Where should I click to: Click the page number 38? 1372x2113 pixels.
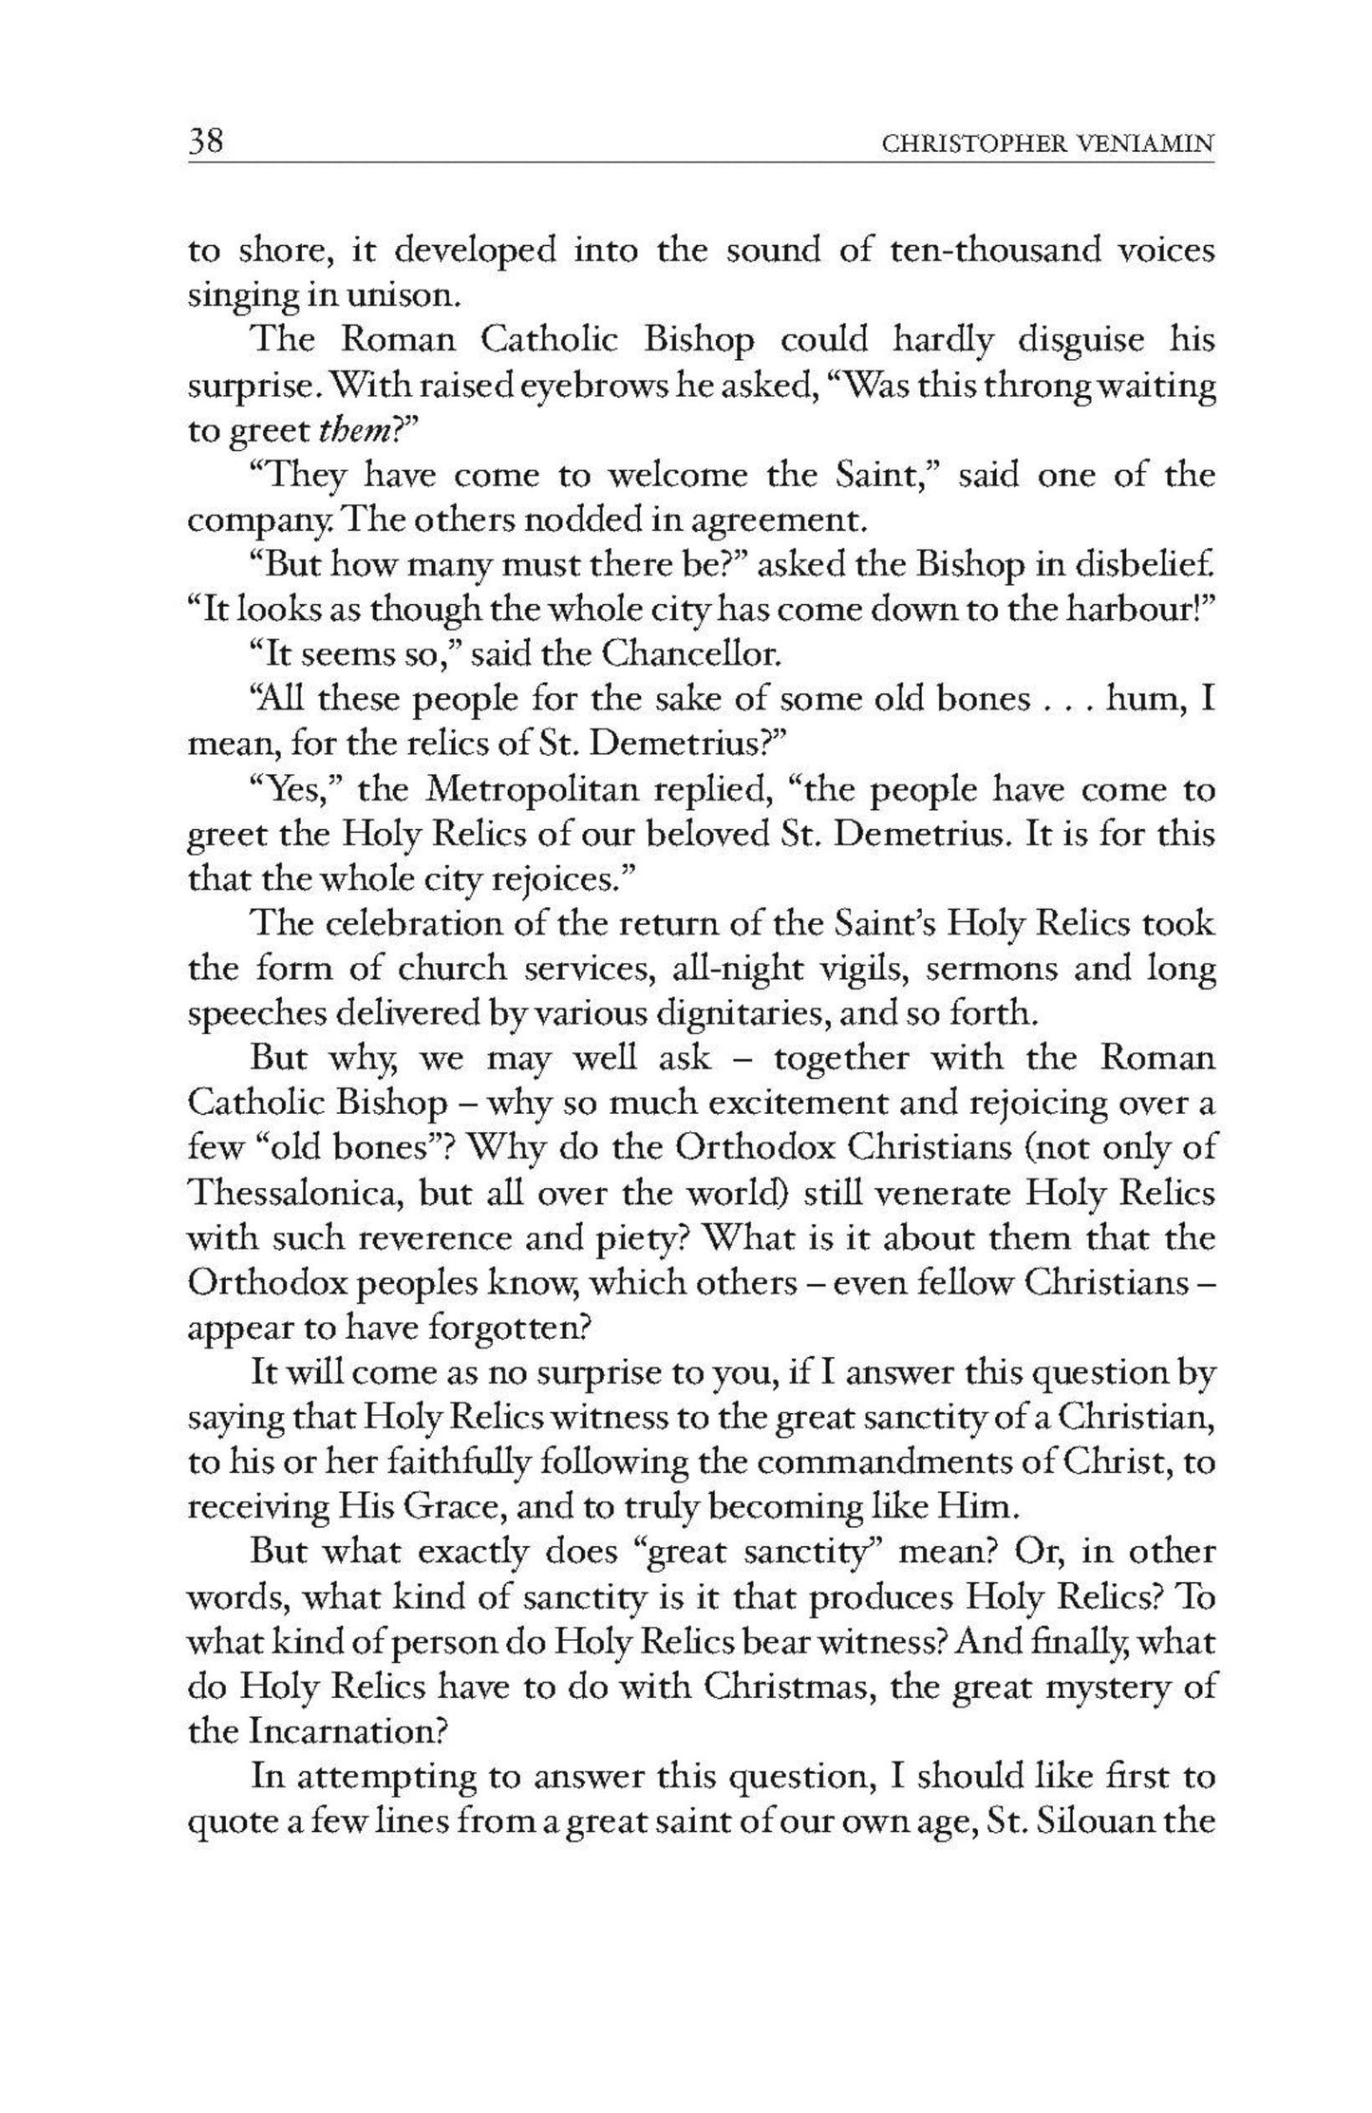205,142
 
